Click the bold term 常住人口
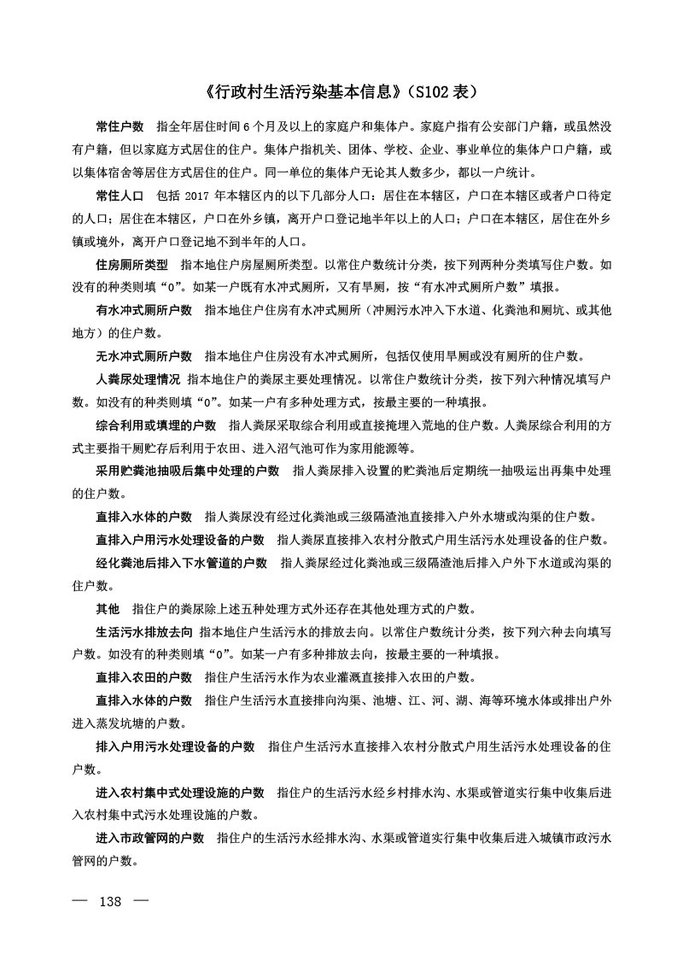click(x=120, y=196)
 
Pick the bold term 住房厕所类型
click(x=131, y=265)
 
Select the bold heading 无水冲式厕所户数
click(x=143, y=355)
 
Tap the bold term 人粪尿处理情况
click(x=137, y=378)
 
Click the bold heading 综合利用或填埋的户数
click(x=155, y=424)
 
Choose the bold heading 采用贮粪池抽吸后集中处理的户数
click(x=187, y=471)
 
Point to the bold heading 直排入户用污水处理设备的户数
click(x=179, y=540)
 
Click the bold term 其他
click(x=108, y=609)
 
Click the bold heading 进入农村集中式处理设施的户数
click(x=179, y=793)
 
